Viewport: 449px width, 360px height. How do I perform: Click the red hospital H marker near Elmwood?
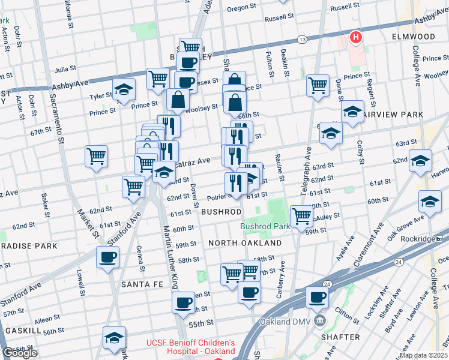coord(356,38)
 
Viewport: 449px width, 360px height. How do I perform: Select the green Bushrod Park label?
coord(265,226)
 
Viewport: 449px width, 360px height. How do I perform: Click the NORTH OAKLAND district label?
coord(245,243)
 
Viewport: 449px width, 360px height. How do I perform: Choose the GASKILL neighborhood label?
coord(22,331)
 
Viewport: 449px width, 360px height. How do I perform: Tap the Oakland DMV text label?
coord(283,322)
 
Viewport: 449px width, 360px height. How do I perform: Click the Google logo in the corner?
coord(19,353)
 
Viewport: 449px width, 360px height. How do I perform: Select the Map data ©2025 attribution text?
coord(423,355)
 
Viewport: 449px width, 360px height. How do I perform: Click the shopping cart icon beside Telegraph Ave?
coord(301,214)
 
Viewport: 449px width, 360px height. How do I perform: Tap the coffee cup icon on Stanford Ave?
coord(108,257)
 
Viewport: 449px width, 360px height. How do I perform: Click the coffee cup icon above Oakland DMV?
coord(317,296)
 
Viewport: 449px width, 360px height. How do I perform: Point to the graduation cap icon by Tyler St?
coord(124,89)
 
